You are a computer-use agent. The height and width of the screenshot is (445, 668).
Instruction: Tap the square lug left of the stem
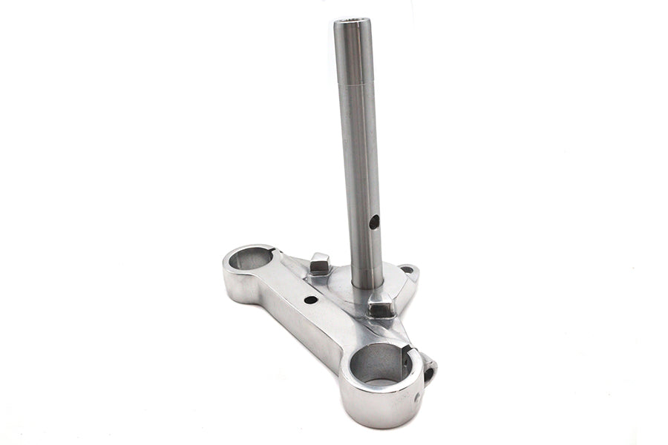[319, 262]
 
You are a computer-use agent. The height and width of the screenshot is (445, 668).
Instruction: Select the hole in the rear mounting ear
[405, 271]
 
